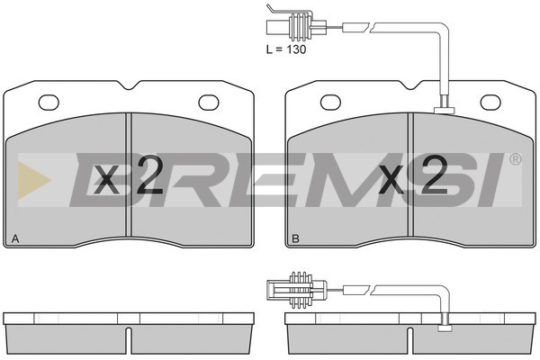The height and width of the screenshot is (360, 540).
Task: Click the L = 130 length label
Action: [286, 49]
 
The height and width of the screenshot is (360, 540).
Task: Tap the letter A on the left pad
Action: [14, 238]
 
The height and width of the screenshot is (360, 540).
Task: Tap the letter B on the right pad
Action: [295, 238]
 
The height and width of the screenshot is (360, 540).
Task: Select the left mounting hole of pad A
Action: [49, 103]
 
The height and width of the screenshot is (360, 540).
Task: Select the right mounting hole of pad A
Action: [209, 103]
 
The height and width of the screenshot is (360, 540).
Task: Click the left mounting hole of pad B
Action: [330, 103]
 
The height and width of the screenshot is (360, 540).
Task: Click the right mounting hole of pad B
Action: [490, 103]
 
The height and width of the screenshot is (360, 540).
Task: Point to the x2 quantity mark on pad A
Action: [128, 175]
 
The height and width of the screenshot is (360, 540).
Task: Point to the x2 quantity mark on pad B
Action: [412, 175]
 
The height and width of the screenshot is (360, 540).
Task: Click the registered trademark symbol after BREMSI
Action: [515, 159]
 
